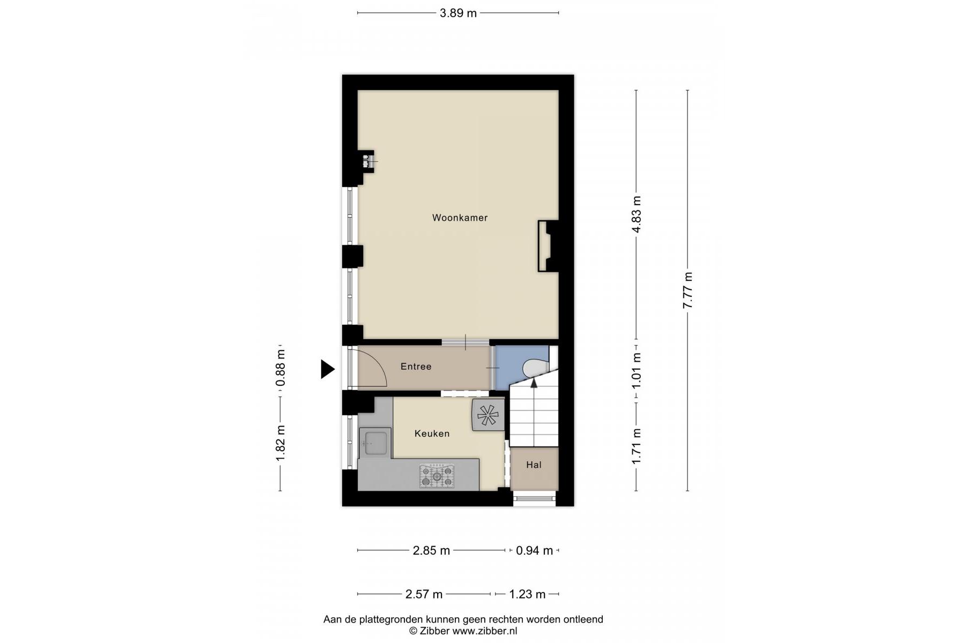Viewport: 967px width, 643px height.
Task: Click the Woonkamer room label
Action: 460,218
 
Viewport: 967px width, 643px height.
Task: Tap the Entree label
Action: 416,367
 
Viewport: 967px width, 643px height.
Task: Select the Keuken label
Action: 432,433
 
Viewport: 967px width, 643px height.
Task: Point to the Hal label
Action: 534,465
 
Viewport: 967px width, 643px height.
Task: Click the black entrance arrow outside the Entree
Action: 327,369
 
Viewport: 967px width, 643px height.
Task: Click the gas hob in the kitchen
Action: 437,476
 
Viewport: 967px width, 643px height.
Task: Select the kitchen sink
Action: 374,443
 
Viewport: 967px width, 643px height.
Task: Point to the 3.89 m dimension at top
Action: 458,13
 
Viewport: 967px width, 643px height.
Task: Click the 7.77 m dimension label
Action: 688,290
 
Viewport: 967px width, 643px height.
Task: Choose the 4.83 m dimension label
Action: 637,214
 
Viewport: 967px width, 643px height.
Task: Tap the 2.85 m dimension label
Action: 431,550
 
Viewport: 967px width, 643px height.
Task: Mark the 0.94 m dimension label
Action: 534,550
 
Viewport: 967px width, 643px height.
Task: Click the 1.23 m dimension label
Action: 527,594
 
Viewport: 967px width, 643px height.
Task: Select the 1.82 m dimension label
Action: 280,443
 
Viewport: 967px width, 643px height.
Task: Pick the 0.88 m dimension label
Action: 280,368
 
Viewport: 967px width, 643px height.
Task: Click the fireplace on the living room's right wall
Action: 548,246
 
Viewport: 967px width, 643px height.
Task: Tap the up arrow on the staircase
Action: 534,382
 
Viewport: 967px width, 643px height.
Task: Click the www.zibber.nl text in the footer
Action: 485,631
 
